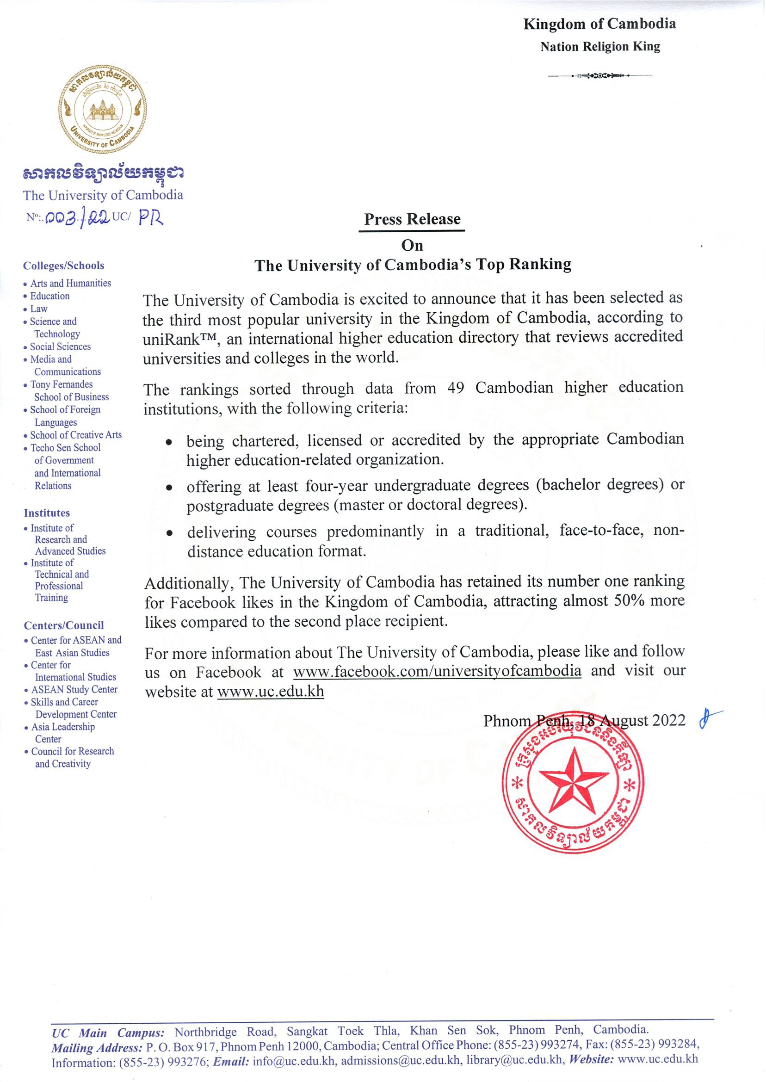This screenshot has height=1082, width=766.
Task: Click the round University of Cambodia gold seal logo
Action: (x=102, y=109)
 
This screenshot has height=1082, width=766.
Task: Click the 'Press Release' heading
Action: (x=412, y=219)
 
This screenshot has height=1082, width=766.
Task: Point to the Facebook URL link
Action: (x=437, y=671)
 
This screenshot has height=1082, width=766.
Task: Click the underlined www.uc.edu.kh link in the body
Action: (x=270, y=692)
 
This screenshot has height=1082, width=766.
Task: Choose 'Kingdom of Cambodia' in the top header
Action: (x=599, y=24)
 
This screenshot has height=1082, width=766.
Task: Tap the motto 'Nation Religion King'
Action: (x=600, y=47)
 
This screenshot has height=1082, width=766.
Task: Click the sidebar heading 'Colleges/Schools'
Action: (x=64, y=266)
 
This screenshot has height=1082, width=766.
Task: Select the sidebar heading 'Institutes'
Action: (x=47, y=513)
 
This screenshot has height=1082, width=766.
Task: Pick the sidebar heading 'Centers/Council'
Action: (x=64, y=625)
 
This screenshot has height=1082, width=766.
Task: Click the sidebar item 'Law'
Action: (x=39, y=309)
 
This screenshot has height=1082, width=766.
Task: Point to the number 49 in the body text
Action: (x=456, y=388)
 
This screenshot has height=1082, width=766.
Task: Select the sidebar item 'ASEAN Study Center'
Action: (x=74, y=690)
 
